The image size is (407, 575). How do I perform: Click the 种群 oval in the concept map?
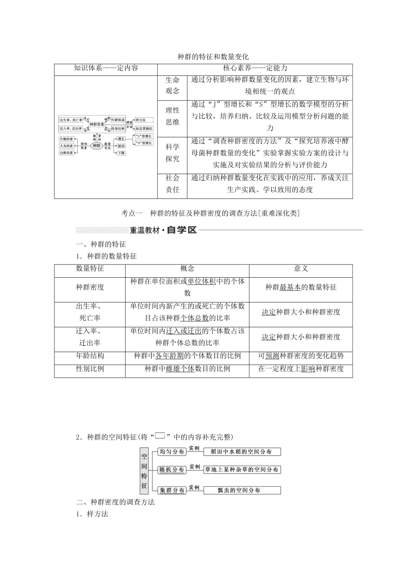coord(96,145)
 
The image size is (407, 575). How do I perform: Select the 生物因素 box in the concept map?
coord(66,139)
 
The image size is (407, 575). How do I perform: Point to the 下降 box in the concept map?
coord(121,153)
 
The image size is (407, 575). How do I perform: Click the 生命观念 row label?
coord(173,85)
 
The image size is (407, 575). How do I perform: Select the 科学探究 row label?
coord(173,153)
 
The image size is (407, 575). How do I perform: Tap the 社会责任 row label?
coord(173,184)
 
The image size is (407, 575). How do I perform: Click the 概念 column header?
coord(187,269)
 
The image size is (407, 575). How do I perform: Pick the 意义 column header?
coord(301,269)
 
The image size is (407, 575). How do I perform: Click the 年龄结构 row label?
coord(90,356)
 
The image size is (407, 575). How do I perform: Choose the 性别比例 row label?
coord(90,368)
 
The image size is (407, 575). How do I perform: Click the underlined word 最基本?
coord(290,287)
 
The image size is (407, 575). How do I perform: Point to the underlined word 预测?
coord(272,356)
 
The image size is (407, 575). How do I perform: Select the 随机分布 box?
coord(172,470)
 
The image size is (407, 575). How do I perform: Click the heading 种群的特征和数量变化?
coord(213,56)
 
